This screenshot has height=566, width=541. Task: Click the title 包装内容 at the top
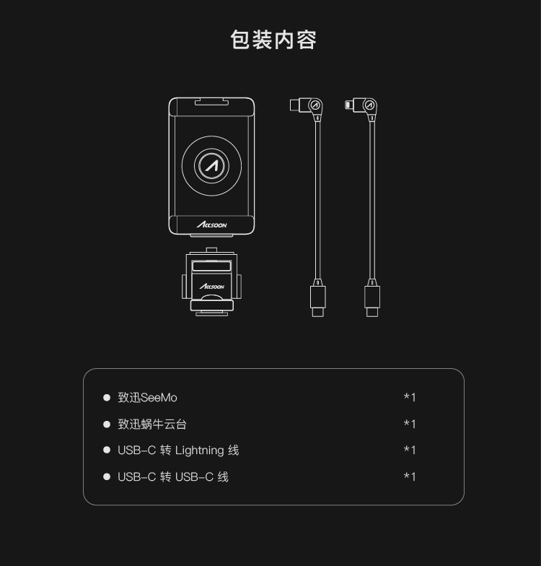point(273,40)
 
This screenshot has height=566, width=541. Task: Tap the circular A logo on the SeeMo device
point(211,165)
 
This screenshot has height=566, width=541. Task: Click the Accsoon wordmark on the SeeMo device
point(211,225)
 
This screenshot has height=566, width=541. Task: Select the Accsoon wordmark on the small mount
point(212,287)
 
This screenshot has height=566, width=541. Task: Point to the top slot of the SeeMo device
point(211,104)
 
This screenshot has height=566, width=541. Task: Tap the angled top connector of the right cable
point(363,107)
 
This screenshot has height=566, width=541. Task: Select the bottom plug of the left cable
point(317,300)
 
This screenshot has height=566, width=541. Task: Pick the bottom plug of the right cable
point(372,300)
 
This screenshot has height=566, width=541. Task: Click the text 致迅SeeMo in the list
point(147,398)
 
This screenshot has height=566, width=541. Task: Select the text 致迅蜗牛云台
point(152,424)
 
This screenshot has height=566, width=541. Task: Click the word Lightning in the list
point(199,450)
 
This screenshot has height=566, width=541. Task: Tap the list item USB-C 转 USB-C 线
point(173,476)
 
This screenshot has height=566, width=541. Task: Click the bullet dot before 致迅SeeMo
point(107,398)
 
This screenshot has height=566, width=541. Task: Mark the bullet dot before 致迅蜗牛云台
point(107,424)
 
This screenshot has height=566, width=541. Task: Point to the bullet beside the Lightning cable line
point(107,450)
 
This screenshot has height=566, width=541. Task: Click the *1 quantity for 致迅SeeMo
point(410,398)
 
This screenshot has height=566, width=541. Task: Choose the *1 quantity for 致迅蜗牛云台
point(410,424)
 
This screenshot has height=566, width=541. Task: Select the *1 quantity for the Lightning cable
point(410,450)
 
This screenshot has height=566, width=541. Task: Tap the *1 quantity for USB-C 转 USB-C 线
point(410,476)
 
